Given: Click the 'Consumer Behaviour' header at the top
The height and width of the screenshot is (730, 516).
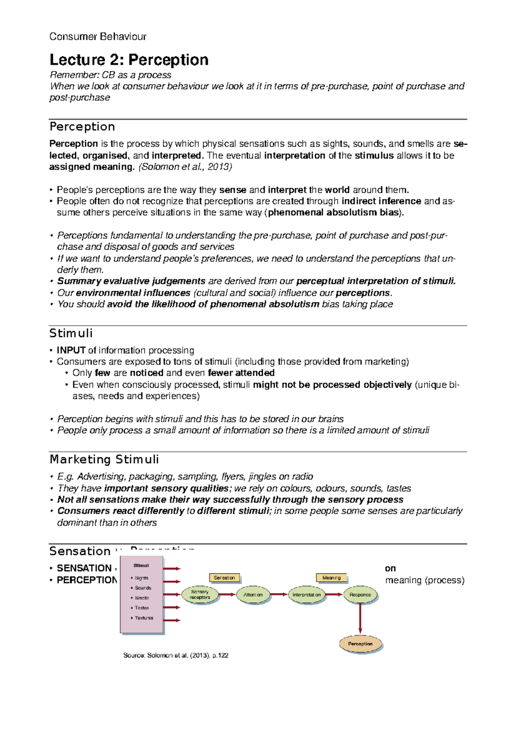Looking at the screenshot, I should click(98, 37).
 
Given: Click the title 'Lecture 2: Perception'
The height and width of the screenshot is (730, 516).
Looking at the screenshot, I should click(129, 60).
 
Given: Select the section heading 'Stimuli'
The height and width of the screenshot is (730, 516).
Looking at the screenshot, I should click(71, 333).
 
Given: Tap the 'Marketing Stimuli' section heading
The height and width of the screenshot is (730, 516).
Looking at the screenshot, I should click(104, 459).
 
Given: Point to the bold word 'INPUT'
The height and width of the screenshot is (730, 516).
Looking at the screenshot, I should click(71, 350).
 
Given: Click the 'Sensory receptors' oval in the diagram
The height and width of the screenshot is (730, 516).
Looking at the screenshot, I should click(200, 595).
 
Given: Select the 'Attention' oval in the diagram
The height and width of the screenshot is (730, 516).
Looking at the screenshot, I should click(253, 595).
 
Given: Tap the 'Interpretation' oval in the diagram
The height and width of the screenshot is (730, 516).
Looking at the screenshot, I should click(307, 595).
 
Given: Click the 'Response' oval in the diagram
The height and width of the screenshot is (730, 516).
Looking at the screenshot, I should click(360, 595).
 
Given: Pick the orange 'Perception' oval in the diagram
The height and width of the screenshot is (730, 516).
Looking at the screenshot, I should click(360, 644).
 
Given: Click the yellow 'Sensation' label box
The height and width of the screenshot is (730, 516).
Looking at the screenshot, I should click(224, 578).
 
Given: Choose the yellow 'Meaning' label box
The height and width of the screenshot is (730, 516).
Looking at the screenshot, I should click(331, 578).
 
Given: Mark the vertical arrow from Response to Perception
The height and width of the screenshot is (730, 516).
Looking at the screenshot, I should click(360, 619).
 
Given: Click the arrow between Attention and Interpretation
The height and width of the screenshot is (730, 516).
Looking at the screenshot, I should click(279, 595).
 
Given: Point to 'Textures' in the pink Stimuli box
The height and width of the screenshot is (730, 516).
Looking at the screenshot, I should click(144, 618).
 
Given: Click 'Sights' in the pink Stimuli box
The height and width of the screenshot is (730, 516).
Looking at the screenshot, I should click(141, 578).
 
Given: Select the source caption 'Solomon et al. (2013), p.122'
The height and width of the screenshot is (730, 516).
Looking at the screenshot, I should click(175, 655).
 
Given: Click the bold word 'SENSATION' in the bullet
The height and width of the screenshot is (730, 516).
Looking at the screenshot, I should click(84, 568).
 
